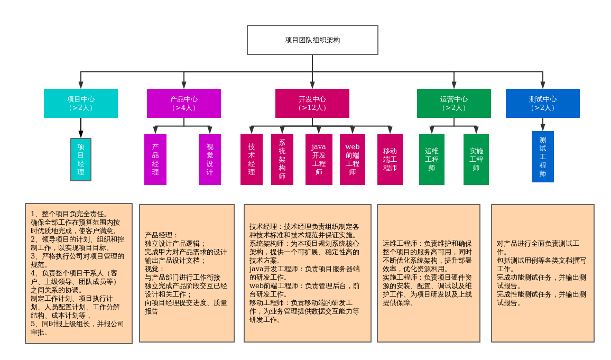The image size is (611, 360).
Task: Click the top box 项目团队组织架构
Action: coord(312,40)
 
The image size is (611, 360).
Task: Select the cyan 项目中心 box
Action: coord(81,103)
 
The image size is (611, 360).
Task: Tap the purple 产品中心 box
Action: coord(184,103)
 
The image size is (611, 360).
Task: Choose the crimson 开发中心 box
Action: coord(312,103)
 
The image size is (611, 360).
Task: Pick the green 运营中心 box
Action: coord(454,103)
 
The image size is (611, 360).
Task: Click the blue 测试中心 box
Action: coord(543,103)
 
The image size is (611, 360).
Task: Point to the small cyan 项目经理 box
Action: coord(81,160)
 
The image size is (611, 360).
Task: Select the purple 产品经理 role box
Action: coord(155,159)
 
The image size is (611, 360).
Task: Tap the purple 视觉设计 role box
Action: coord(210,159)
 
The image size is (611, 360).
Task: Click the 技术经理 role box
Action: coord(252,159)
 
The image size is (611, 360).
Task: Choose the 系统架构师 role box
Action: coord(282,159)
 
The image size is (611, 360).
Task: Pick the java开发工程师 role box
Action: coord(319,159)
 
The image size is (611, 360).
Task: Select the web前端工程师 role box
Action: coord(353,159)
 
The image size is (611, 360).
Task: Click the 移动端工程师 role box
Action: coord(390,159)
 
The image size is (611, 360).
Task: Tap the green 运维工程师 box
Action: coord(432,159)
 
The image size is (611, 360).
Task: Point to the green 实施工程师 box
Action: coord(476,159)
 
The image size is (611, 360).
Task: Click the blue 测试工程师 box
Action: coord(543,156)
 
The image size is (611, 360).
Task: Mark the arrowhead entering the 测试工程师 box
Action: coord(543,127)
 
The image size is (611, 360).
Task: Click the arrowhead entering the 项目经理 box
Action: coord(81,134)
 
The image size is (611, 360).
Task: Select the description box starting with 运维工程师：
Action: coord(429,273)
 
